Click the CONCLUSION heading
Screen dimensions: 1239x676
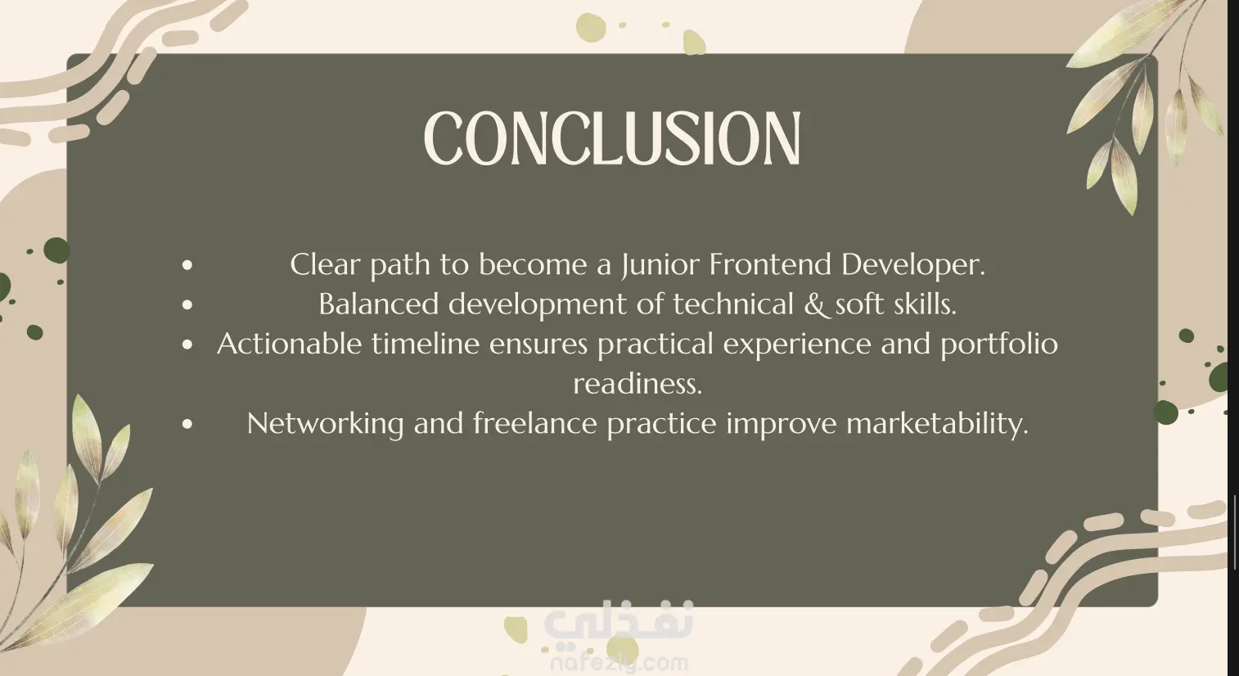point(612,138)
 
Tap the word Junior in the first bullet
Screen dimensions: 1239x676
point(660,265)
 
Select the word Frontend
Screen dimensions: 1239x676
point(770,264)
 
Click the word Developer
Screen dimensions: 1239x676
point(913,265)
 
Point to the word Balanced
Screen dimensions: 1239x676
point(379,304)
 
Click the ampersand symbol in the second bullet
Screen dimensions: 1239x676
point(815,304)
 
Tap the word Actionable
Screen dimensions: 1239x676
point(289,344)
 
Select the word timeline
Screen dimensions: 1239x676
point(426,344)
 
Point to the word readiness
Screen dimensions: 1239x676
point(638,383)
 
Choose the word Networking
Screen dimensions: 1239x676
point(325,425)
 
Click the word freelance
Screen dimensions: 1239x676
point(535,423)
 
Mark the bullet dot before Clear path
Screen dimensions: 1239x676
point(187,265)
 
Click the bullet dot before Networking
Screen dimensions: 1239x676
point(187,424)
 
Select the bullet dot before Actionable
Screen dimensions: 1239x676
point(187,345)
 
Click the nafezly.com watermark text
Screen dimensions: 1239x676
point(619,662)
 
